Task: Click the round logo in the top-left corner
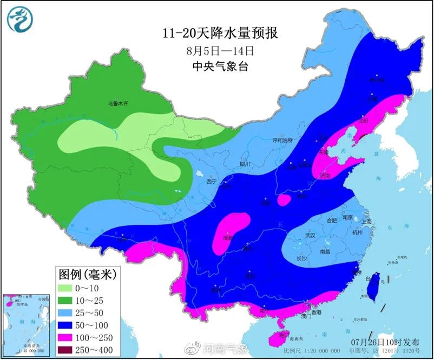pos(20,19)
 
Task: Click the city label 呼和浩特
pos(281,140)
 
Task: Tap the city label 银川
pos(245,164)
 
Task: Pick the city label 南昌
pos(325,251)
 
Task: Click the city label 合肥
pos(332,220)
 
